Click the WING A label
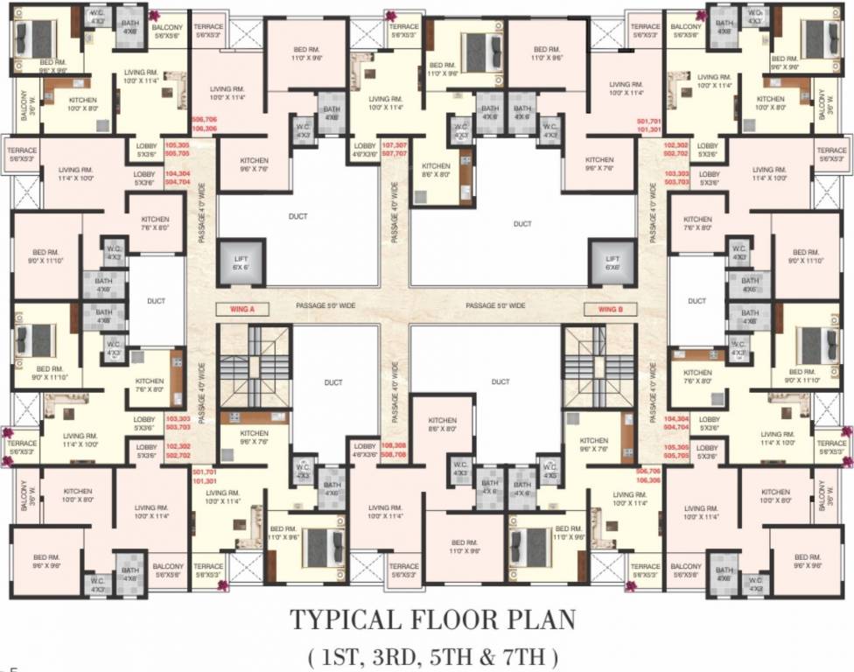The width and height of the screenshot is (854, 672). point(242,308)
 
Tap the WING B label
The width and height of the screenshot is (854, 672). point(610,308)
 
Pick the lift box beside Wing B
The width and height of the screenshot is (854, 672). point(612,262)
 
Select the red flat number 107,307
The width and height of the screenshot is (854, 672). point(395,144)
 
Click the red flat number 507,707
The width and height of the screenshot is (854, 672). point(395,153)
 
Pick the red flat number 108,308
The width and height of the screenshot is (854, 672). point(395,445)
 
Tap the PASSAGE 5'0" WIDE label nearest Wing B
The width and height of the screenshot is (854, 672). point(495,305)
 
